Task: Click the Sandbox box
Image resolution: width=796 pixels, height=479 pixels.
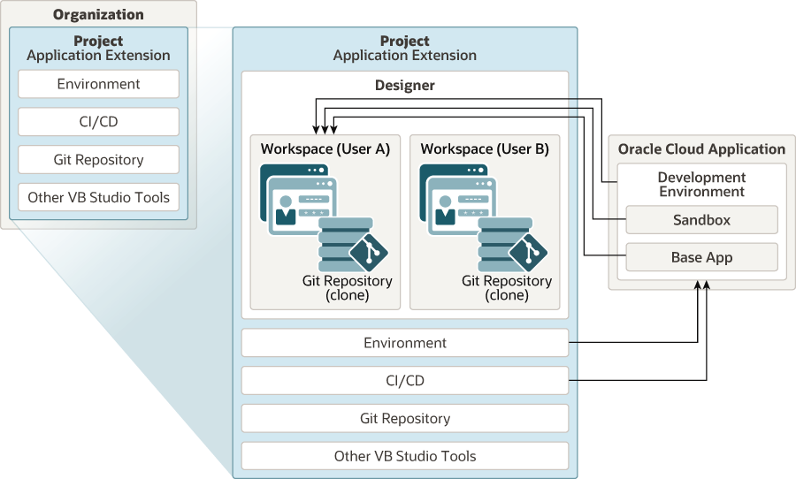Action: tap(701, 219)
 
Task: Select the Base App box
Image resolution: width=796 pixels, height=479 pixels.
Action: tap(701, 257)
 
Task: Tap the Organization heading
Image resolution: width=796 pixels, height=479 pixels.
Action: tap(97, 14)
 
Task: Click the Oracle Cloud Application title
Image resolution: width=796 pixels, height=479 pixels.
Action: tap(701, 149)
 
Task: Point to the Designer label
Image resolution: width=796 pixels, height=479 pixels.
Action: tap(405, 86)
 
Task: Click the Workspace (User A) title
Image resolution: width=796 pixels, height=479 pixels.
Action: tap(325, 148)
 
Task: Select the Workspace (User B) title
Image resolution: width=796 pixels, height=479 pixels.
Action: tap(485, 148)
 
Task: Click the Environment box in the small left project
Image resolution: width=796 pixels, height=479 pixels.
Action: tap(98, 84)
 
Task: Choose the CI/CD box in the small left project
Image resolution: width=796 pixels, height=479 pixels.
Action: tap(98, 122)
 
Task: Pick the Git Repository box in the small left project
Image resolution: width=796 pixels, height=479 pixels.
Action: tap(98, 160)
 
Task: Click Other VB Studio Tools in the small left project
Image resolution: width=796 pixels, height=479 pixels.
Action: tap(98, 197)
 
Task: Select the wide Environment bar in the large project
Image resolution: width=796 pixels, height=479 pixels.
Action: tap(405, 343)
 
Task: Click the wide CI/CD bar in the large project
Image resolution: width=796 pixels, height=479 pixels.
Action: tap(405, 381)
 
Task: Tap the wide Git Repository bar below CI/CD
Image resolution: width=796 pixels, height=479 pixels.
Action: tap(405, 418)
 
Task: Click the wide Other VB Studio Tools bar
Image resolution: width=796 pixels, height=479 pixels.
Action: tap(405, 456)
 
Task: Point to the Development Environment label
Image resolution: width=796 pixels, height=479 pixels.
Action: tap(701, 184)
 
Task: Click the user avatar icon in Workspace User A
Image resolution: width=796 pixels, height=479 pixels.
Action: tap(286, 213)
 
